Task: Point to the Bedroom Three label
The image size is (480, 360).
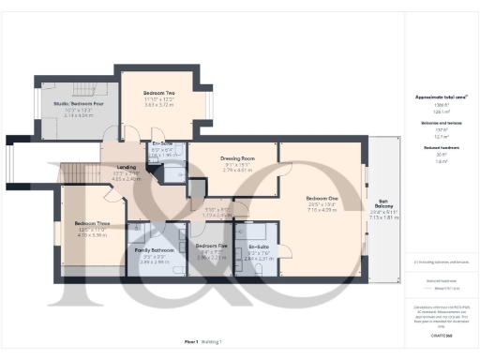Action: [93, 223]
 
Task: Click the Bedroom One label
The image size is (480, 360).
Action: [321, 198]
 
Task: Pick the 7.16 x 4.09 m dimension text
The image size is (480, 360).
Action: [321, 210]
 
